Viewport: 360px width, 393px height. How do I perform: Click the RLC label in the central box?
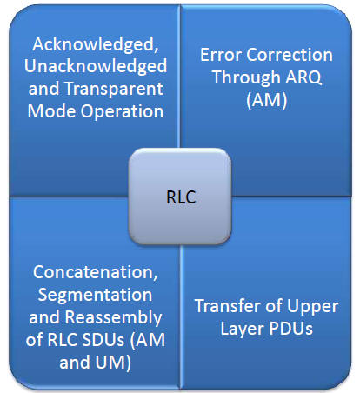(x=181, y=197)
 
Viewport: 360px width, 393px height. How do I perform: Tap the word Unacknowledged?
(x=96, y=66)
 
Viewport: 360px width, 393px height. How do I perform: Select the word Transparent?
(x=114, y=89)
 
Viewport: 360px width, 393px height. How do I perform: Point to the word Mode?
(x=52, y=111)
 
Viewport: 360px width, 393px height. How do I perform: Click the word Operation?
(x=122, y=111)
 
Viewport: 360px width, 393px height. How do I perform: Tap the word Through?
(x=246, y=77)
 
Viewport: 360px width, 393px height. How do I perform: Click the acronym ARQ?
(x=303, y=77)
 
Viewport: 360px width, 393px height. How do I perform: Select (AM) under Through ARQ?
(x=267, y=100)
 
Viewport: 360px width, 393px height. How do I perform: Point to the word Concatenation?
(x=96, y=272)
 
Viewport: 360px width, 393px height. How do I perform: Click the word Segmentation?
(x=95, y=295)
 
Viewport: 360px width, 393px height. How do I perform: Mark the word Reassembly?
(x=113, y=317)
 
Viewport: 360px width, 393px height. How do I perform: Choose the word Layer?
(x=243, y=330)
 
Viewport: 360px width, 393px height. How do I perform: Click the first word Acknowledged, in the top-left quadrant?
(x=96, y=44)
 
